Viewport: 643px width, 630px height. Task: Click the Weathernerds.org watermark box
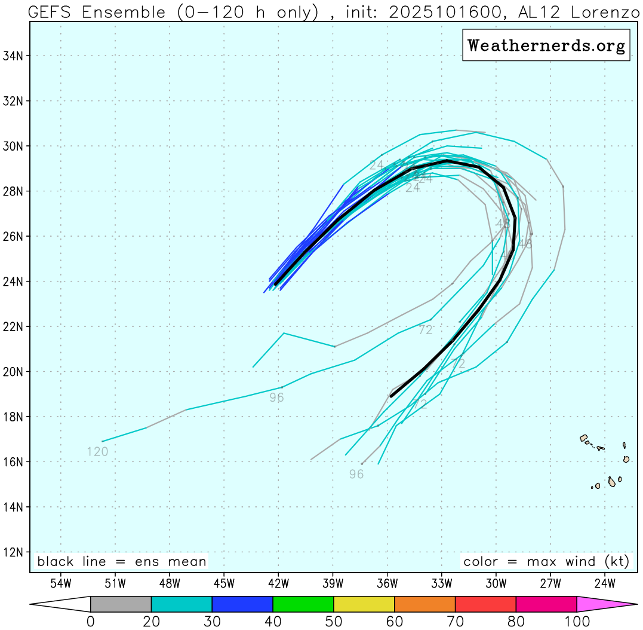click(546, 45)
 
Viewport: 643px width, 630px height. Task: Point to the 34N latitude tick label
click(13, 56)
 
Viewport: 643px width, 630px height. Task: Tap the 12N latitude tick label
click(13, 552)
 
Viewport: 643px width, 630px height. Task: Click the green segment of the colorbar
click(303, 604)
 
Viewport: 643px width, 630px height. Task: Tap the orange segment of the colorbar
click(424, 604)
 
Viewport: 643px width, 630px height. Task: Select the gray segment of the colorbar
click(121, 604)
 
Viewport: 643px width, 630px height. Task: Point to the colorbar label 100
click(577, 622)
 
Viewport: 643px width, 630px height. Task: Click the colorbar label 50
click(334, 622)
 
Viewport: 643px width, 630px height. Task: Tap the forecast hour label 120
click(97, 452)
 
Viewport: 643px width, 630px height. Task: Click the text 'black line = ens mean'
click(122, 562)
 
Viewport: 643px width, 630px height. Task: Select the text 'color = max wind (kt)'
click(546, 562)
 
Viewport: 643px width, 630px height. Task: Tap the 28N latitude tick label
click(13, 191)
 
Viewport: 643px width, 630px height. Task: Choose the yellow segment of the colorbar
click(364, 604)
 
